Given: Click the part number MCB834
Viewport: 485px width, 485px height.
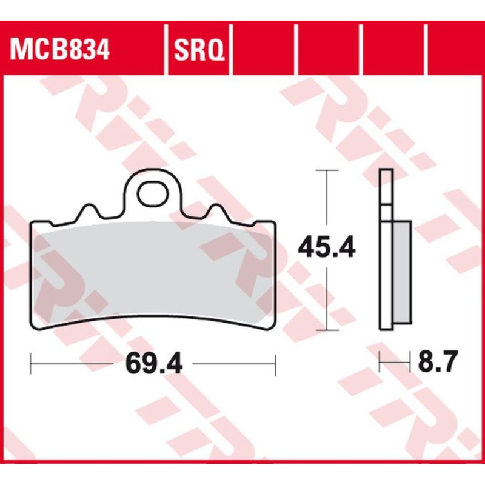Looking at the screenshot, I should coord(59,50).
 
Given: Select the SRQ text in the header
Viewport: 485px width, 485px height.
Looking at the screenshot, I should coord(199,50).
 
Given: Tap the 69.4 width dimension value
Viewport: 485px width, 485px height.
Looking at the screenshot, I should coord(154,364).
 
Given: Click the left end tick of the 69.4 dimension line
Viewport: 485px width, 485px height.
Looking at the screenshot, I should coord(30,364).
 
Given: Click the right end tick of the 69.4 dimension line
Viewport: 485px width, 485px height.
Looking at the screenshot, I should coord(275,364).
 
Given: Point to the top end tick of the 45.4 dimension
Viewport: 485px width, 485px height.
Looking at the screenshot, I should coord(327,171).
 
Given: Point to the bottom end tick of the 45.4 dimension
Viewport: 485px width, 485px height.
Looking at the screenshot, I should coord(327,330).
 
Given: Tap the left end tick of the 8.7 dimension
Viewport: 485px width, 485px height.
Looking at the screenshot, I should coord(380,364).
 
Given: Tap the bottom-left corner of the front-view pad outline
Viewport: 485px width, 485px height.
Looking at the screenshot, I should coord(33,328).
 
